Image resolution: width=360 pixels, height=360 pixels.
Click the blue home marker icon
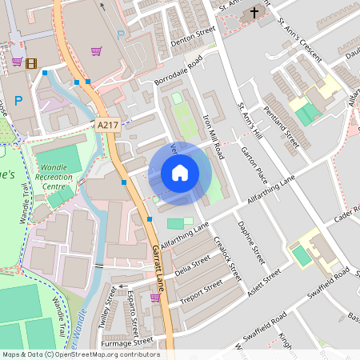180,173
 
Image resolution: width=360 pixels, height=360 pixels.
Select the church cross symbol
254,13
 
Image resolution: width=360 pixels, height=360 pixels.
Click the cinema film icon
30,62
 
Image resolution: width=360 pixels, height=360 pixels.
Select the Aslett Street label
263,283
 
